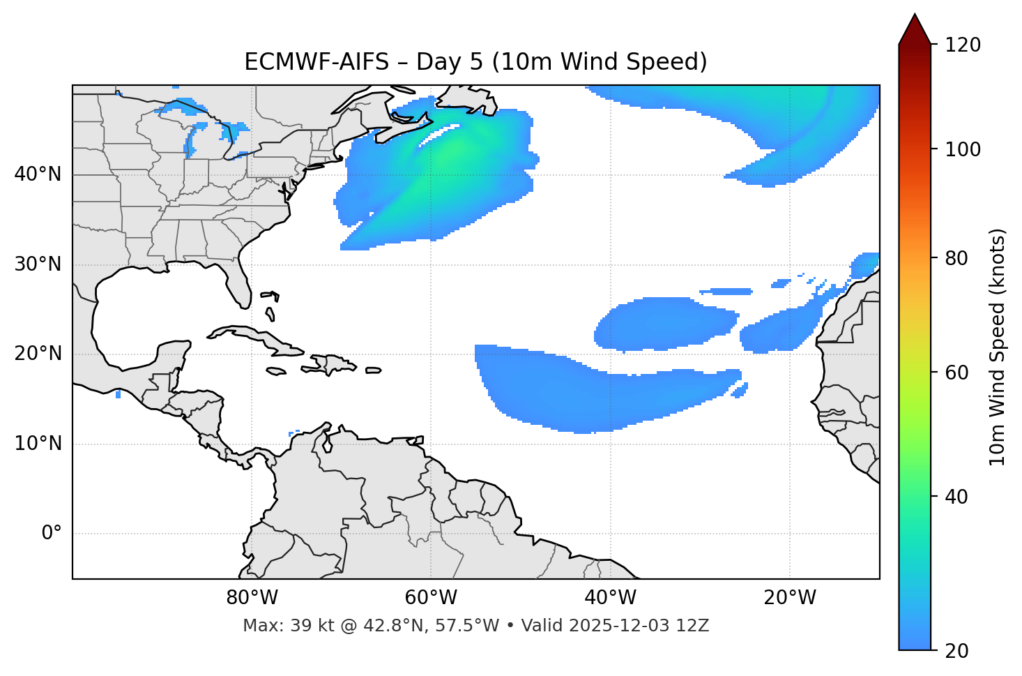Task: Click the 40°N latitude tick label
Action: [x=38, y=174]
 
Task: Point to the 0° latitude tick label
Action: [x=52, y=534]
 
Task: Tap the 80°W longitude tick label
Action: [x=252, y=598]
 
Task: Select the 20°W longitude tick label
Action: [x=790, y=598]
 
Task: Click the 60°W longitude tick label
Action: [x=431, y=598]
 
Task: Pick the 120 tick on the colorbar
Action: [x=963, y=45]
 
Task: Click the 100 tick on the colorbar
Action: [x=963, y=149]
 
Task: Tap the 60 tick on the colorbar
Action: [x=958, y=373]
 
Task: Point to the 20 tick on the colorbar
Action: [x=958, y=650]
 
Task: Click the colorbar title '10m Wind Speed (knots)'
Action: [x=998, y=347]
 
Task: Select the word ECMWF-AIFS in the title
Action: [x=316, y=62]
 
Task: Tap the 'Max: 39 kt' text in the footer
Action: [x=275, y=626]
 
